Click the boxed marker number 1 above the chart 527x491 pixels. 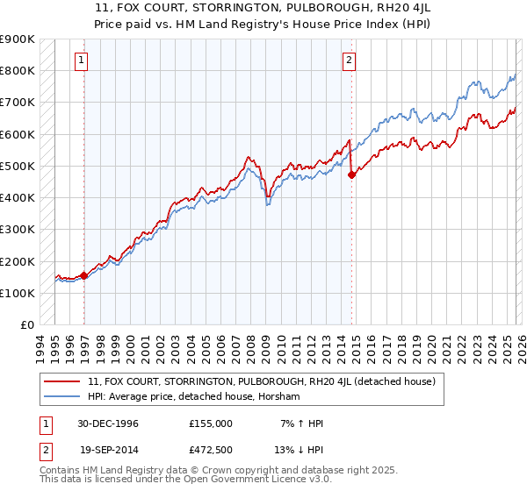[81, 60]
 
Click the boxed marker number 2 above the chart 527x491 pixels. [349, 60]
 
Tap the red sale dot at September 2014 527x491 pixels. [352, 174]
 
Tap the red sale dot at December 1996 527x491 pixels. [84, 275]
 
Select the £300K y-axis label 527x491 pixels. [18, 230]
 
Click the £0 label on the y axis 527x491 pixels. [26, 325]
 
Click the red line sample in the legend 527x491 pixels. [62, 381]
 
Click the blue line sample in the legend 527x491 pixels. [62, 397]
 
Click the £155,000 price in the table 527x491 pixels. [210, 423]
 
